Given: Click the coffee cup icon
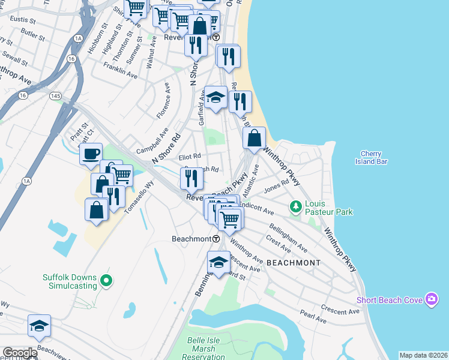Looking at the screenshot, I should (x=91, y=154).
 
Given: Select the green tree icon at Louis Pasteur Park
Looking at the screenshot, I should (x=295, y=207).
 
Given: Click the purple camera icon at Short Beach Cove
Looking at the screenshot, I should (x=431, y=299).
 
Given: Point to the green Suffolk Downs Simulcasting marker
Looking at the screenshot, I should (x=106, y=281).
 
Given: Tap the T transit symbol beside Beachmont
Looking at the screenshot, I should (x=215, y=239).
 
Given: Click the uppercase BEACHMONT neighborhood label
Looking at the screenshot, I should (x=293, y=263).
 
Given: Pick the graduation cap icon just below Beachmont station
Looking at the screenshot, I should (x=218, y=262).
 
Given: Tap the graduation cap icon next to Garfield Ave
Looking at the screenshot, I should (x=215, y=97).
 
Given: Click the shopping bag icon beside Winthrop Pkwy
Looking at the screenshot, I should (x=255, y=137).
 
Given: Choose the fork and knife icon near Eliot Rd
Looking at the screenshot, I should (x=191, y=178).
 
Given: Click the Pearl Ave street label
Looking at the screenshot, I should (x=314, y=320).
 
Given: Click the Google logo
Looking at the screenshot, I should (x=20, y=353).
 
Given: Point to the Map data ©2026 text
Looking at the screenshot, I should (x=423, y=355).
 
